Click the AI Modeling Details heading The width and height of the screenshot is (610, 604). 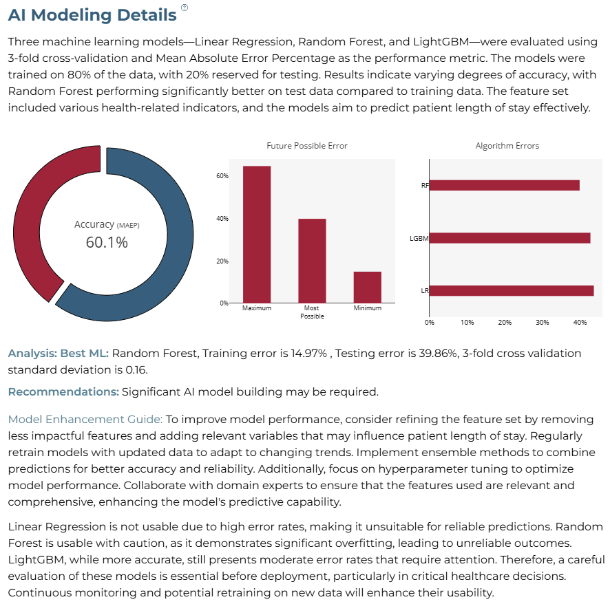[x=92, y=15]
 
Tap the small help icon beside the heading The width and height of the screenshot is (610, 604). [x=185, y=8]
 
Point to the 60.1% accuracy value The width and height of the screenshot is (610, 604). [x=107, y=243]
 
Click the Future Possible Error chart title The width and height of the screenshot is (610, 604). [x=307, y=146]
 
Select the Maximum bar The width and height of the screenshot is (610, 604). [x=257, y=235]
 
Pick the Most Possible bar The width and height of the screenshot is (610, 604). [x=312, y=261]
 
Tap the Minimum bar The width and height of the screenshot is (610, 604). [x=367, y=288]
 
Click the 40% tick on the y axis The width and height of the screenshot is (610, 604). [x=222, y=219]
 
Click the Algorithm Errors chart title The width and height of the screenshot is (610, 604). [x=507, y=146]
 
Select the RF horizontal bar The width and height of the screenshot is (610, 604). [x=505, y=186]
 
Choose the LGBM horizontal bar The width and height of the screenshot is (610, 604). [x=510, y=238]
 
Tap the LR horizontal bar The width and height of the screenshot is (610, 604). [x=512, y=291]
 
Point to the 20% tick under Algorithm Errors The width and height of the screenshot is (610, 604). [x=505, y=322]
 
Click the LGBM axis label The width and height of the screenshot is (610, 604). [x=419, y=238]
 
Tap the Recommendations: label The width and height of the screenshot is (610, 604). [x=63, y=392]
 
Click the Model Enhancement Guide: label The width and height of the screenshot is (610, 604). [x=85, y=420]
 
